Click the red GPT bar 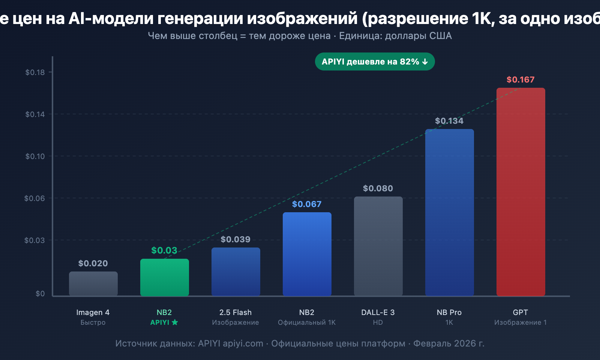pos(520,191)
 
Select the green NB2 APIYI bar pos(164,277)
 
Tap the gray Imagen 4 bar pos(93,284)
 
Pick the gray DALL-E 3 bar pos(378,246)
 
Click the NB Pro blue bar pos(449,212)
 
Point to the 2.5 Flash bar pos(235,271)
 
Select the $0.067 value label pos(307,204)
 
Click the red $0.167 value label pos(520,79)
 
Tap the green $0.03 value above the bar pos(164,250)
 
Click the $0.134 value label pos(449,121)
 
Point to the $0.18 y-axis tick pos(35,72)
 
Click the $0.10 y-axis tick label pos(35,156)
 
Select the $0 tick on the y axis pos(40,294)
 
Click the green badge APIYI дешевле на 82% pos(375,61)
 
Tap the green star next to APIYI pos(175,322)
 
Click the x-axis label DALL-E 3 pos(378,312)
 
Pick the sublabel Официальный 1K pos(307,322)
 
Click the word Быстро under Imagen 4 pos(93,322)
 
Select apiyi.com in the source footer pos(243,343)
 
